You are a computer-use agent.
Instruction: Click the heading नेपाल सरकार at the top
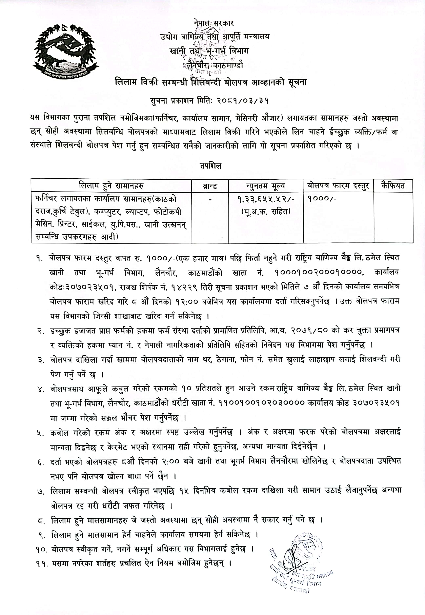pos(214,23)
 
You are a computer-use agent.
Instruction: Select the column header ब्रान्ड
pos(210,186)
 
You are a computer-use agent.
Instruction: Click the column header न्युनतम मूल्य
pos(265,186)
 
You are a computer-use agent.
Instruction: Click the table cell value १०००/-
pos(322,199)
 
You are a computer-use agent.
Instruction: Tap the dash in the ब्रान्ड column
pos(210,199)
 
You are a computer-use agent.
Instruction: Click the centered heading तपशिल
pos(211,166)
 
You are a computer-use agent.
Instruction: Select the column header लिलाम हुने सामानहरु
pos(111,185)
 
